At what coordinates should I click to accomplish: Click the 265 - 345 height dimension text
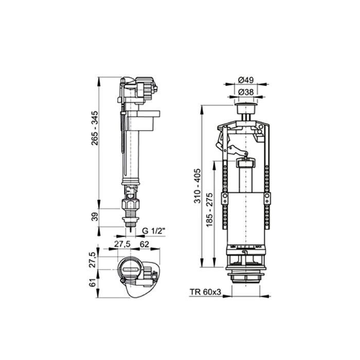pyautogui.click(x=95, y=129)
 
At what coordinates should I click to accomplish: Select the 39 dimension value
pyautogui.click(x=95, y=217)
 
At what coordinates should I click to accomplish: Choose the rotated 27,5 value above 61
pyautogui.click(x=95, y=258)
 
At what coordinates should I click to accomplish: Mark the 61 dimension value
pyautogui.click(x=95, y=283)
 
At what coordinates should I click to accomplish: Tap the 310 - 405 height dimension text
pyautogui.click(x=197, y=186)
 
